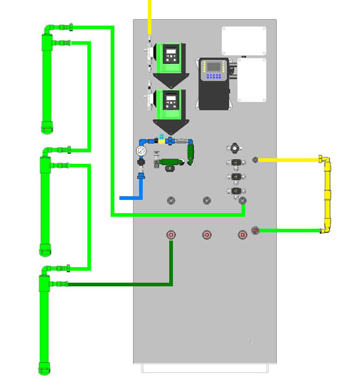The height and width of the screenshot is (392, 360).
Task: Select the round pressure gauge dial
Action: (141, 150)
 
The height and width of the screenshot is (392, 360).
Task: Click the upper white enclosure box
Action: (244, 40)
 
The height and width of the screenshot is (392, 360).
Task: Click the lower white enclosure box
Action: (251, 81)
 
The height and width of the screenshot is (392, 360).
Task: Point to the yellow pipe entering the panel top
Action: (150, 15)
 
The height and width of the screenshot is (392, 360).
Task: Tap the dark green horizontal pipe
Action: (117, 284)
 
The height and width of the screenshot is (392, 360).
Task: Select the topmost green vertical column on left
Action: (47, 82)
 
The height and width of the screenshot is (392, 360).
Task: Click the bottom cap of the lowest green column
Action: (45, 369)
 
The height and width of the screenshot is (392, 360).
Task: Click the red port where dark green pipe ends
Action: (171, 235)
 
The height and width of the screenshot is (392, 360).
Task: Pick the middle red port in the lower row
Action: (207, 235)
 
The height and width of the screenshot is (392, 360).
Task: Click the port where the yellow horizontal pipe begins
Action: (255, 160)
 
